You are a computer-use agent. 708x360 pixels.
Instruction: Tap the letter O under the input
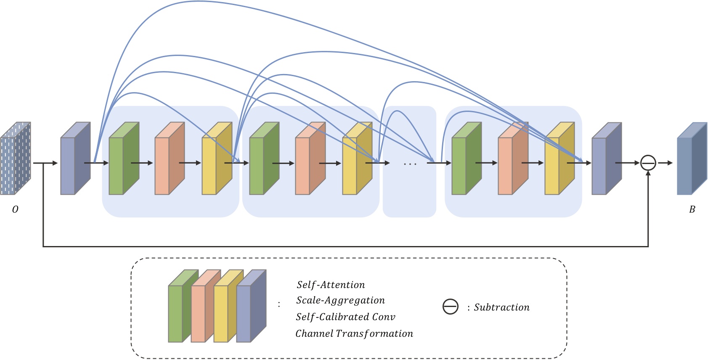15,209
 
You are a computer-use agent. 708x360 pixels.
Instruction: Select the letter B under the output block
692,209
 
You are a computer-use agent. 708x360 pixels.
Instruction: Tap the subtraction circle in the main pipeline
648,163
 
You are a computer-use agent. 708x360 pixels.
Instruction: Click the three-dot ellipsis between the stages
410,164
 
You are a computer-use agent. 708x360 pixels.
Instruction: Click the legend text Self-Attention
331,285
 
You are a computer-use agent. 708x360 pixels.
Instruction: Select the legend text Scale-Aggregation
340,300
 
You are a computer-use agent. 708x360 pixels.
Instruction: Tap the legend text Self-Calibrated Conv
345,317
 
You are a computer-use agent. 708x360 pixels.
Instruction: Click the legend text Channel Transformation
354,334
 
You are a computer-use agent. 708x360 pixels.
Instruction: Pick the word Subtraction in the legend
501,307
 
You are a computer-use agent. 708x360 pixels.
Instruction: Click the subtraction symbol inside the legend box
450,307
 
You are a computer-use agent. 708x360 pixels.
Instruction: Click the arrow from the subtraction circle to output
665,163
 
